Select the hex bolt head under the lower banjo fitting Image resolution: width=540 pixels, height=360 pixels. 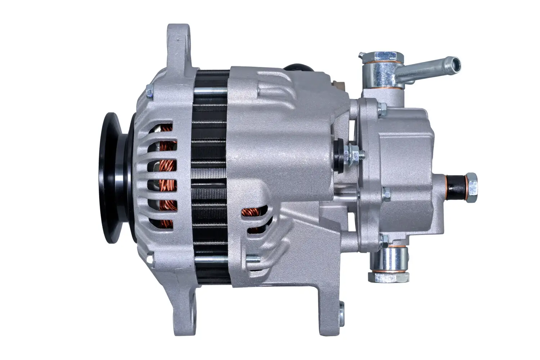click(389, 276)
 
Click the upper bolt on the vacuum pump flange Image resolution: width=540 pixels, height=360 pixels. click(383, 107)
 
